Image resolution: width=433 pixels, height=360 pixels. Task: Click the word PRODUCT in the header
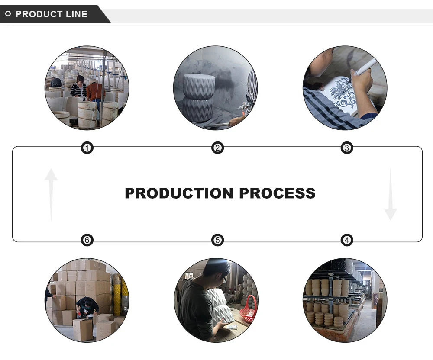[x=39, y=14]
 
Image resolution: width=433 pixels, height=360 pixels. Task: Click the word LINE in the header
[x=77, y=14]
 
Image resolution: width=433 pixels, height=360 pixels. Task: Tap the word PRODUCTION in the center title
[x=179, y=193]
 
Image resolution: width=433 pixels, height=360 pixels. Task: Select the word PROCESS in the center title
[x=278, y=193]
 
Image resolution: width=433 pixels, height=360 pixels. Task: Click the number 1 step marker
[x=87, y=148]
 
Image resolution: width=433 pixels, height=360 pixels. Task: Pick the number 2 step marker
[x=217, y=148]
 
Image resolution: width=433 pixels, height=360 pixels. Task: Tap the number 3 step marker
[x=346, y=148]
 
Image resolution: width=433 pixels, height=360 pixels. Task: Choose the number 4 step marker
[x=346, y=240]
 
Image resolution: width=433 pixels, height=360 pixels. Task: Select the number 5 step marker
[x=217, y=240]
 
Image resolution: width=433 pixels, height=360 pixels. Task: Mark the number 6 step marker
[x=87, y=240]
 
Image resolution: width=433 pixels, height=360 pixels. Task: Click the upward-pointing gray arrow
[x=51, y=193]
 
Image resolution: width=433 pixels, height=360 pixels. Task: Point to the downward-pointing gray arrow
[x=390, y=195]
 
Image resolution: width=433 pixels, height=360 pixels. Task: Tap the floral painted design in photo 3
[x=342, y=92]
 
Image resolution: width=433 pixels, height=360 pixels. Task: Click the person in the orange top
[x=95, y=92]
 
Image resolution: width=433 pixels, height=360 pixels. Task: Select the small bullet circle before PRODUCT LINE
[x=8, y=14]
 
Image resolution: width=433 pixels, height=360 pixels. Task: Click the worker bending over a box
[x=87, y=307]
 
